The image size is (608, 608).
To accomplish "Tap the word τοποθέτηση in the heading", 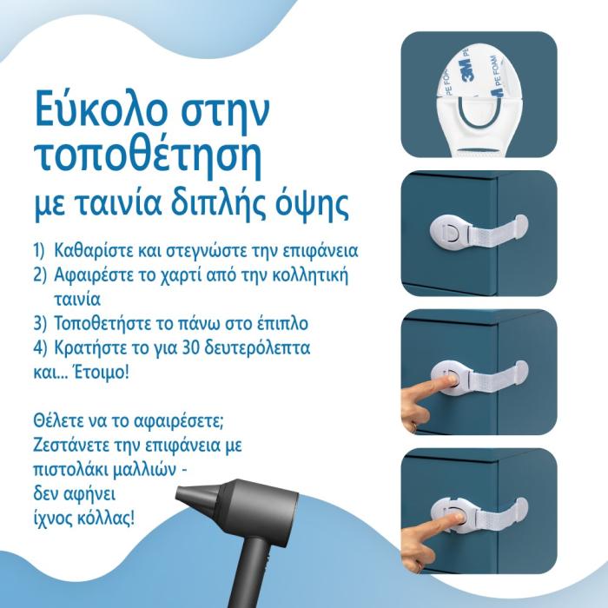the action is [x=149, y=159].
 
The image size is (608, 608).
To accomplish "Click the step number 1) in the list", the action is [x=40, y=251].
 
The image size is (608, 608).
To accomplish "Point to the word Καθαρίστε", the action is [x=94, y=250].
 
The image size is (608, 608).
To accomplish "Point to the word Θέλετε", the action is [x=59, y=420].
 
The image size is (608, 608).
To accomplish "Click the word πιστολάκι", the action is [x=72, y=470].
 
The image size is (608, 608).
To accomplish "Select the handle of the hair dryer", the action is [x=251, y=571].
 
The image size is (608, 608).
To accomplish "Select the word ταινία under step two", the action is [x=77, y=300].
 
